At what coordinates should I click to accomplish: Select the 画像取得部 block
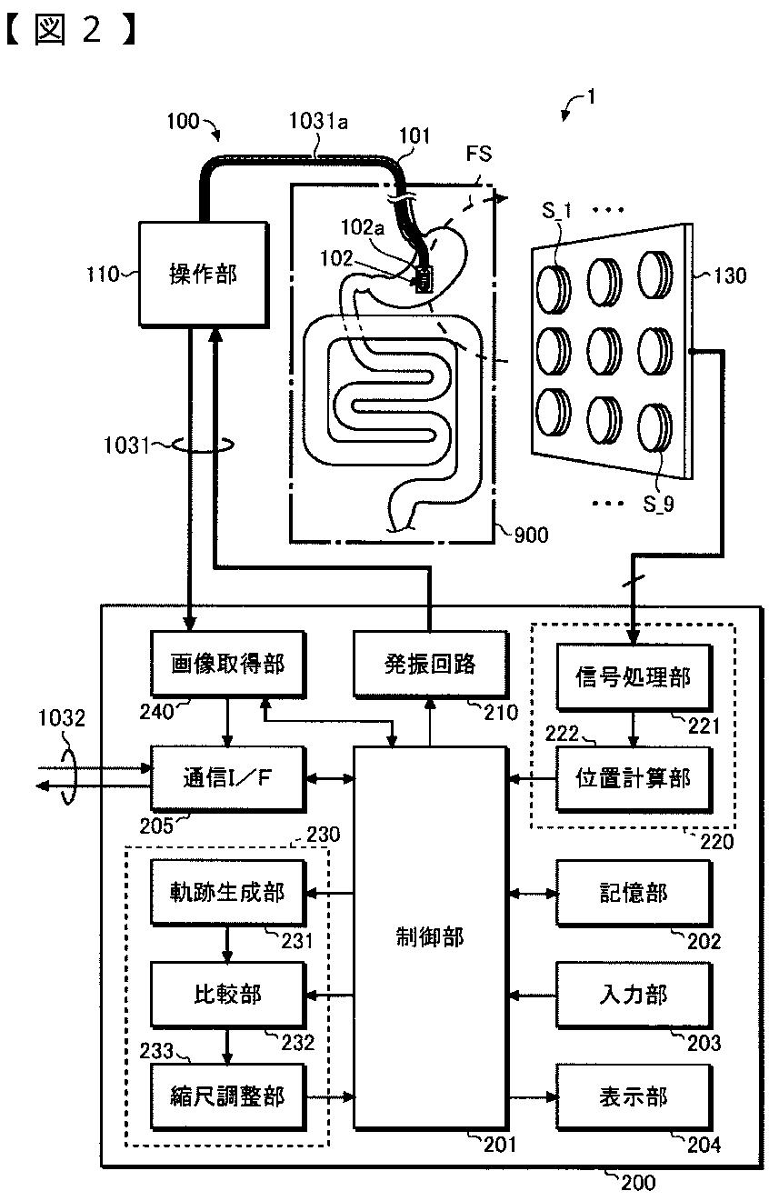(x=227, y=665)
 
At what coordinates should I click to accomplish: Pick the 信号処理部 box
(x=634, y=677)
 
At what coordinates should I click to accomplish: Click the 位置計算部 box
(x=634, y=778)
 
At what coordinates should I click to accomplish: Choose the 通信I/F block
(x=227, y=778)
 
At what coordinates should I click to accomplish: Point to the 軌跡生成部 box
(x=227, y=892)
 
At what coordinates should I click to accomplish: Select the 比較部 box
(x=227, y=994)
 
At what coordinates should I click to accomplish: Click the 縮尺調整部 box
(x=227, y=1096)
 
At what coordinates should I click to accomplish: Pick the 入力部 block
(x=634, y=994)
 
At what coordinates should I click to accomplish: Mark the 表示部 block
(x=634, y=1096)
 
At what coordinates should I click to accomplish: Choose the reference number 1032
(x=63, y=720)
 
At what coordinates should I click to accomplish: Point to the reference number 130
(x=729, y=275)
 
